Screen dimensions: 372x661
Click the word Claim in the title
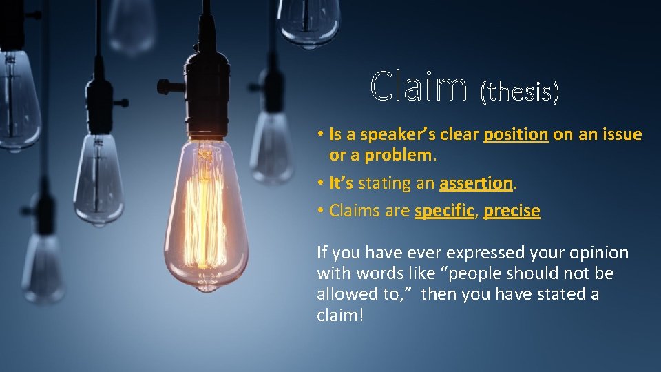(x=417, y=88)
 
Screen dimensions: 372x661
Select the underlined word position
(x=516, y=134)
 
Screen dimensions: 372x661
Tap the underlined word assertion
(x=475, y=183)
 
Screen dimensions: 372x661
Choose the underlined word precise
(x=512, y=211)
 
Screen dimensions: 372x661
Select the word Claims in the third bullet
(x=353, y=211)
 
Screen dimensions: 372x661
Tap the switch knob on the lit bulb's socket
(x=163, y=87)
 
